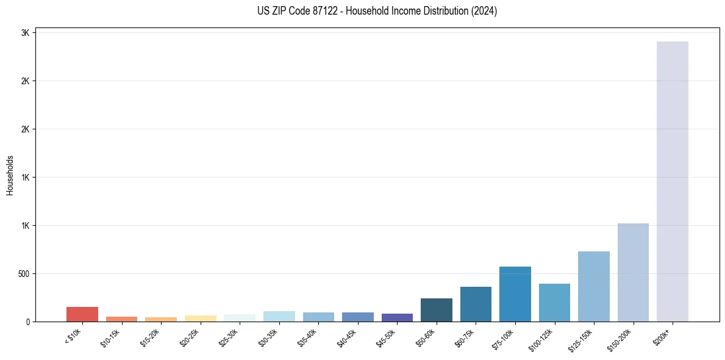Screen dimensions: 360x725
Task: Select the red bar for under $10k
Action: click(x=82, y=314)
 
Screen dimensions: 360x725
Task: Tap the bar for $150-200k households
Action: click(x=633, y=272)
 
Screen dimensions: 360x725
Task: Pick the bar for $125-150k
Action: click(x=593, y=286)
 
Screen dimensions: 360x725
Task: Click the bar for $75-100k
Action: click(x=515, y=294)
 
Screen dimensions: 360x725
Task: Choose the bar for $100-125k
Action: click(x=554, y=303)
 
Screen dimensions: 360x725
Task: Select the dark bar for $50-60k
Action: click(x=436, y=310)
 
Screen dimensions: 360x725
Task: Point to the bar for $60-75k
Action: click(x=476, y=304)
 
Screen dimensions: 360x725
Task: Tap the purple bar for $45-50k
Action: click(x=397, y=317)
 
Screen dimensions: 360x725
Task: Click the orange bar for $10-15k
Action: click(x=121, y=319)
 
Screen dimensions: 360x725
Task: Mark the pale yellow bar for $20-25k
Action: click(x=200, y=319)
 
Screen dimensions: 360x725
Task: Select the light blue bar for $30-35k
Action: click(x=279, y=316)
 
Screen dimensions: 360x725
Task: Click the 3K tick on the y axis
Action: click(x=25, y=33)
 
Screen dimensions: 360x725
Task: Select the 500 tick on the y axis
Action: click(x=23, y=274)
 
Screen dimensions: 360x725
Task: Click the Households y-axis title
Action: click(x=10, y=175)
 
